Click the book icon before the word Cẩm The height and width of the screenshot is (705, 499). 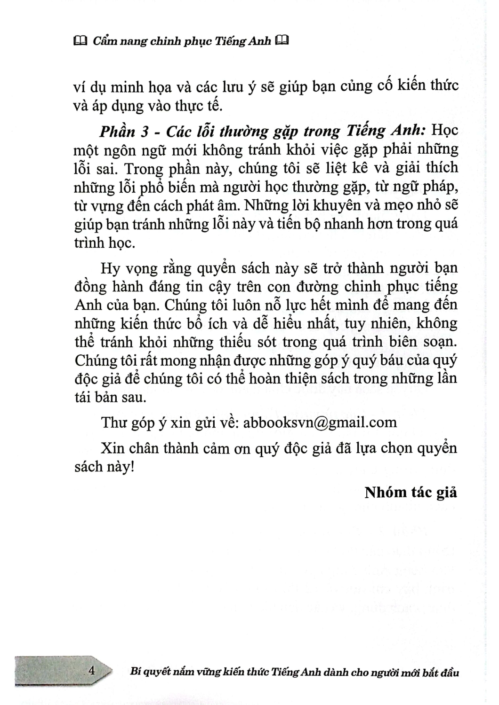[x=80, y=42]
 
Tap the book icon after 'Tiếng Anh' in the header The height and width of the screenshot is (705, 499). [x=281, y=41]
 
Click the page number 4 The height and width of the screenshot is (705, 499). [x=92, y=671]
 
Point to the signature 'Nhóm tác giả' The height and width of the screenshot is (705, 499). [x=410, y=492]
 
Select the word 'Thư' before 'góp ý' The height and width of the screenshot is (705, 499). [x=114, y=422]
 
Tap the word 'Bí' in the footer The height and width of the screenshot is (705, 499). [x=136, y=672]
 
